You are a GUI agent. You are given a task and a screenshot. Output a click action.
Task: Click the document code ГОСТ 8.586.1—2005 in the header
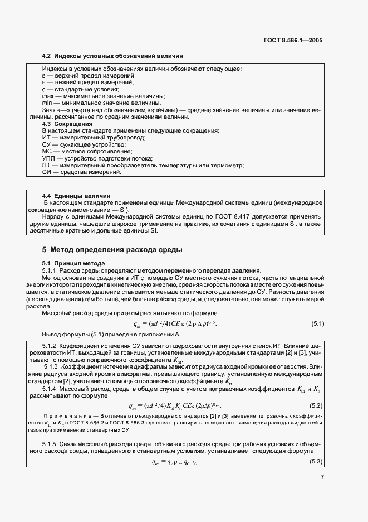pyautogui.click(x=293, y=40)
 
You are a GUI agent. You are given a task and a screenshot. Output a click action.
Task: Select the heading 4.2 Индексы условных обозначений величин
pyautogui.click(x=112, y=56)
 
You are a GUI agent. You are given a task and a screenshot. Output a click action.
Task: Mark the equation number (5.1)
pyautogui.click(x=317, y=323)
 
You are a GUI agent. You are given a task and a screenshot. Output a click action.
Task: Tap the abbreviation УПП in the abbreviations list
pyautogui.click(x=48, y=158)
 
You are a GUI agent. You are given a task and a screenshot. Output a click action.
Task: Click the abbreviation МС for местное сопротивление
pyautogui.click(x=47, y=151)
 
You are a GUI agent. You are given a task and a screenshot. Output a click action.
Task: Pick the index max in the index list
pyautogui.click(x=48, y=96)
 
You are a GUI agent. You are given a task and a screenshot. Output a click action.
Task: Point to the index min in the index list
pyautogui.click(x=47, y=103)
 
